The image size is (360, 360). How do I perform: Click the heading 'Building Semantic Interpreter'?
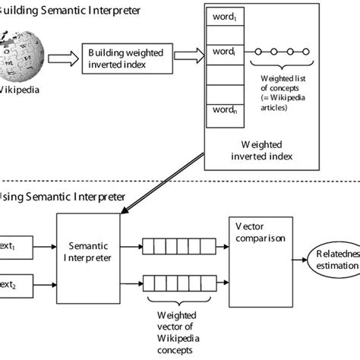[x=68, y=11]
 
